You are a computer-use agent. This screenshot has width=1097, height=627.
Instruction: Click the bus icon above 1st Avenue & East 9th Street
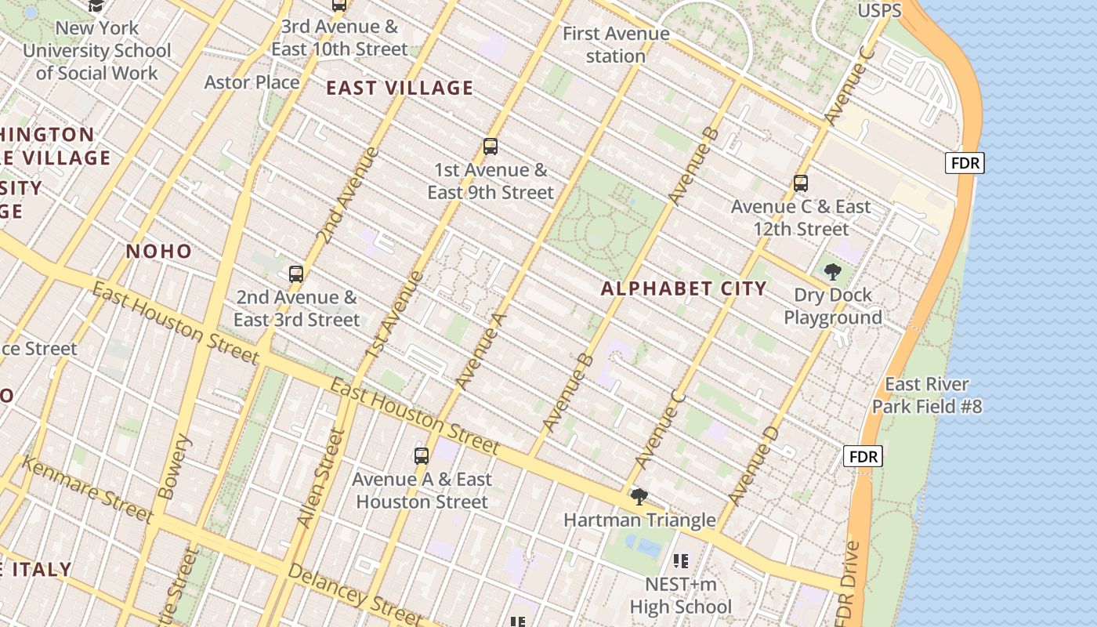491,147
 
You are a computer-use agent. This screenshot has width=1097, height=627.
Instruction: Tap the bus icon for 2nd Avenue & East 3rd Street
296,274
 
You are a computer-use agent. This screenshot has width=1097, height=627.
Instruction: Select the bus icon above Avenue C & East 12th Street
801,183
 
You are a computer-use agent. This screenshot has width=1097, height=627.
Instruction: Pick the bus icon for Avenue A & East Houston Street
422,455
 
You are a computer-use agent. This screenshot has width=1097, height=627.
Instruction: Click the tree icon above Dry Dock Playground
833,272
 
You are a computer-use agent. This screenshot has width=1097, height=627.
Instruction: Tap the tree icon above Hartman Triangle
639,496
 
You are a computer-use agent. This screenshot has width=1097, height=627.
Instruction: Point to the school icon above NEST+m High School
681,560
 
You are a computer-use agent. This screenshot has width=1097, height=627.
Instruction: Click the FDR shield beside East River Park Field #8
863,455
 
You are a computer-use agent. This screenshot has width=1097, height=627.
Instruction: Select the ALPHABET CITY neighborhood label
684,288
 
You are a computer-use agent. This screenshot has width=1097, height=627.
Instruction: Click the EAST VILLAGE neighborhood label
400,88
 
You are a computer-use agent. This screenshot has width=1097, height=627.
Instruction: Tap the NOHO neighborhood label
159,252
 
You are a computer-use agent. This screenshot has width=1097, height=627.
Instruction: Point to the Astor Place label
252,82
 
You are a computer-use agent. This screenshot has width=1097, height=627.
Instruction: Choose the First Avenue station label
616,45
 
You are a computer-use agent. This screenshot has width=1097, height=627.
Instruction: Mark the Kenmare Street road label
86,490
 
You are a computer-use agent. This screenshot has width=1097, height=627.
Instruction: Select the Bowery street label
173,468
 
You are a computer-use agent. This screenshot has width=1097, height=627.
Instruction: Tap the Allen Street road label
320,478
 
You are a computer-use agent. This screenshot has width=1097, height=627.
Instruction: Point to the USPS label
880,11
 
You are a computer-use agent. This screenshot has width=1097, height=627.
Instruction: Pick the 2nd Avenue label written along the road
347,194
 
